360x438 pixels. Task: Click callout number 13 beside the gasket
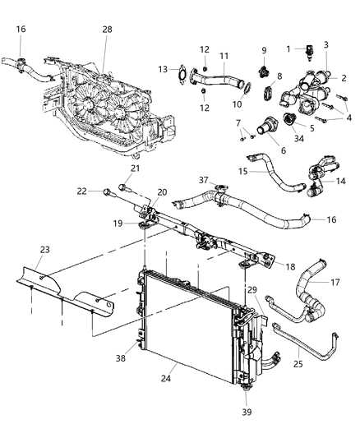pyautogui.click(x=161, y=68)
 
